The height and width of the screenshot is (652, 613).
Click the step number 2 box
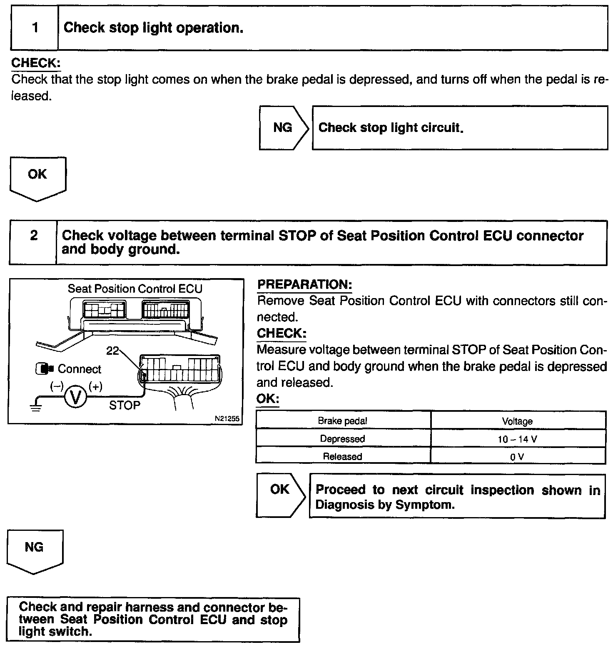point(33,243)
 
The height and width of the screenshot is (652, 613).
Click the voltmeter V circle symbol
point(75,397)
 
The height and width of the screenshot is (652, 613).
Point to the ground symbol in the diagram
point(36,405)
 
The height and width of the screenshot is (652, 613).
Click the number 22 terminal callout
point(112,351)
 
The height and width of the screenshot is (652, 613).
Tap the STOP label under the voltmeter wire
point(125,405)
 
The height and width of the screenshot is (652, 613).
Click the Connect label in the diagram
point(79,369)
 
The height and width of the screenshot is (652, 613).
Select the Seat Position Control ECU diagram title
point(135,289)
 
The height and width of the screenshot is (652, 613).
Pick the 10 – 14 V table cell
point(518,439)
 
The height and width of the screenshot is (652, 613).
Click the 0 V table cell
point(517,457)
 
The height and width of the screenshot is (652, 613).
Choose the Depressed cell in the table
point(342,439)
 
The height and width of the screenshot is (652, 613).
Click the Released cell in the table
point(342,457)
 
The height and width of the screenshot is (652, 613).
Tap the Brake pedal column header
point(342,421)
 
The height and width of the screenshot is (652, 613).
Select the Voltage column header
point(517,421)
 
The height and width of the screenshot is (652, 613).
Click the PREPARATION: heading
point(305,285)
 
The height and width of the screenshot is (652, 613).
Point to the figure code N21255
point(227,419)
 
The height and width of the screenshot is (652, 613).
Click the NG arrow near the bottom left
point(35,549)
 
